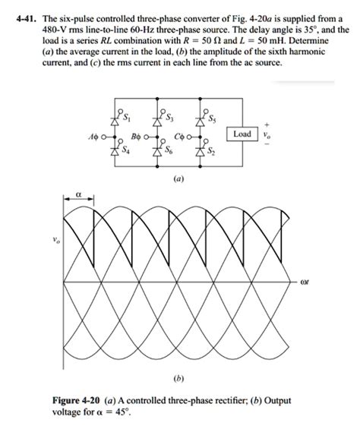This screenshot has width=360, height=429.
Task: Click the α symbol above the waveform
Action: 77,194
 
